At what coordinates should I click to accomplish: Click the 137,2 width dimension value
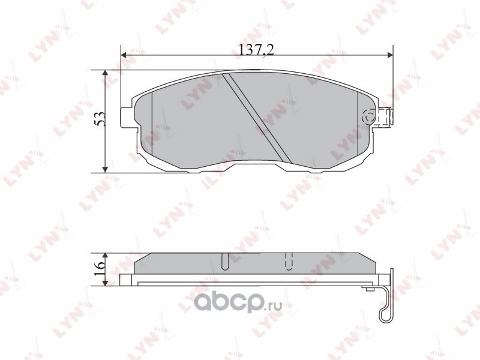coord(256,49)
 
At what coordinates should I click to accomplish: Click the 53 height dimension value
coord(100,119)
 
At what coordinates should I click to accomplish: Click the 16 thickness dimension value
coord(100,269)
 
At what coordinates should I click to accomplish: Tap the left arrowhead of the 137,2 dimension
coord(124,55)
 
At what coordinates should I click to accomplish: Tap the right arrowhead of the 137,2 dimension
coord(390,55)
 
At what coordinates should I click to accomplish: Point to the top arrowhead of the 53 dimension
coord(105,73)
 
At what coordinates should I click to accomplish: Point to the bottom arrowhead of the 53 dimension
coord(105,170)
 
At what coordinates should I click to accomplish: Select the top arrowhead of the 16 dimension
coord(105,256)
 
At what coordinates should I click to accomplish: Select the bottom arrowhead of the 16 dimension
coord(105,283)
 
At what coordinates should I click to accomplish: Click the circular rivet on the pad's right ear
coord(369,116)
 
